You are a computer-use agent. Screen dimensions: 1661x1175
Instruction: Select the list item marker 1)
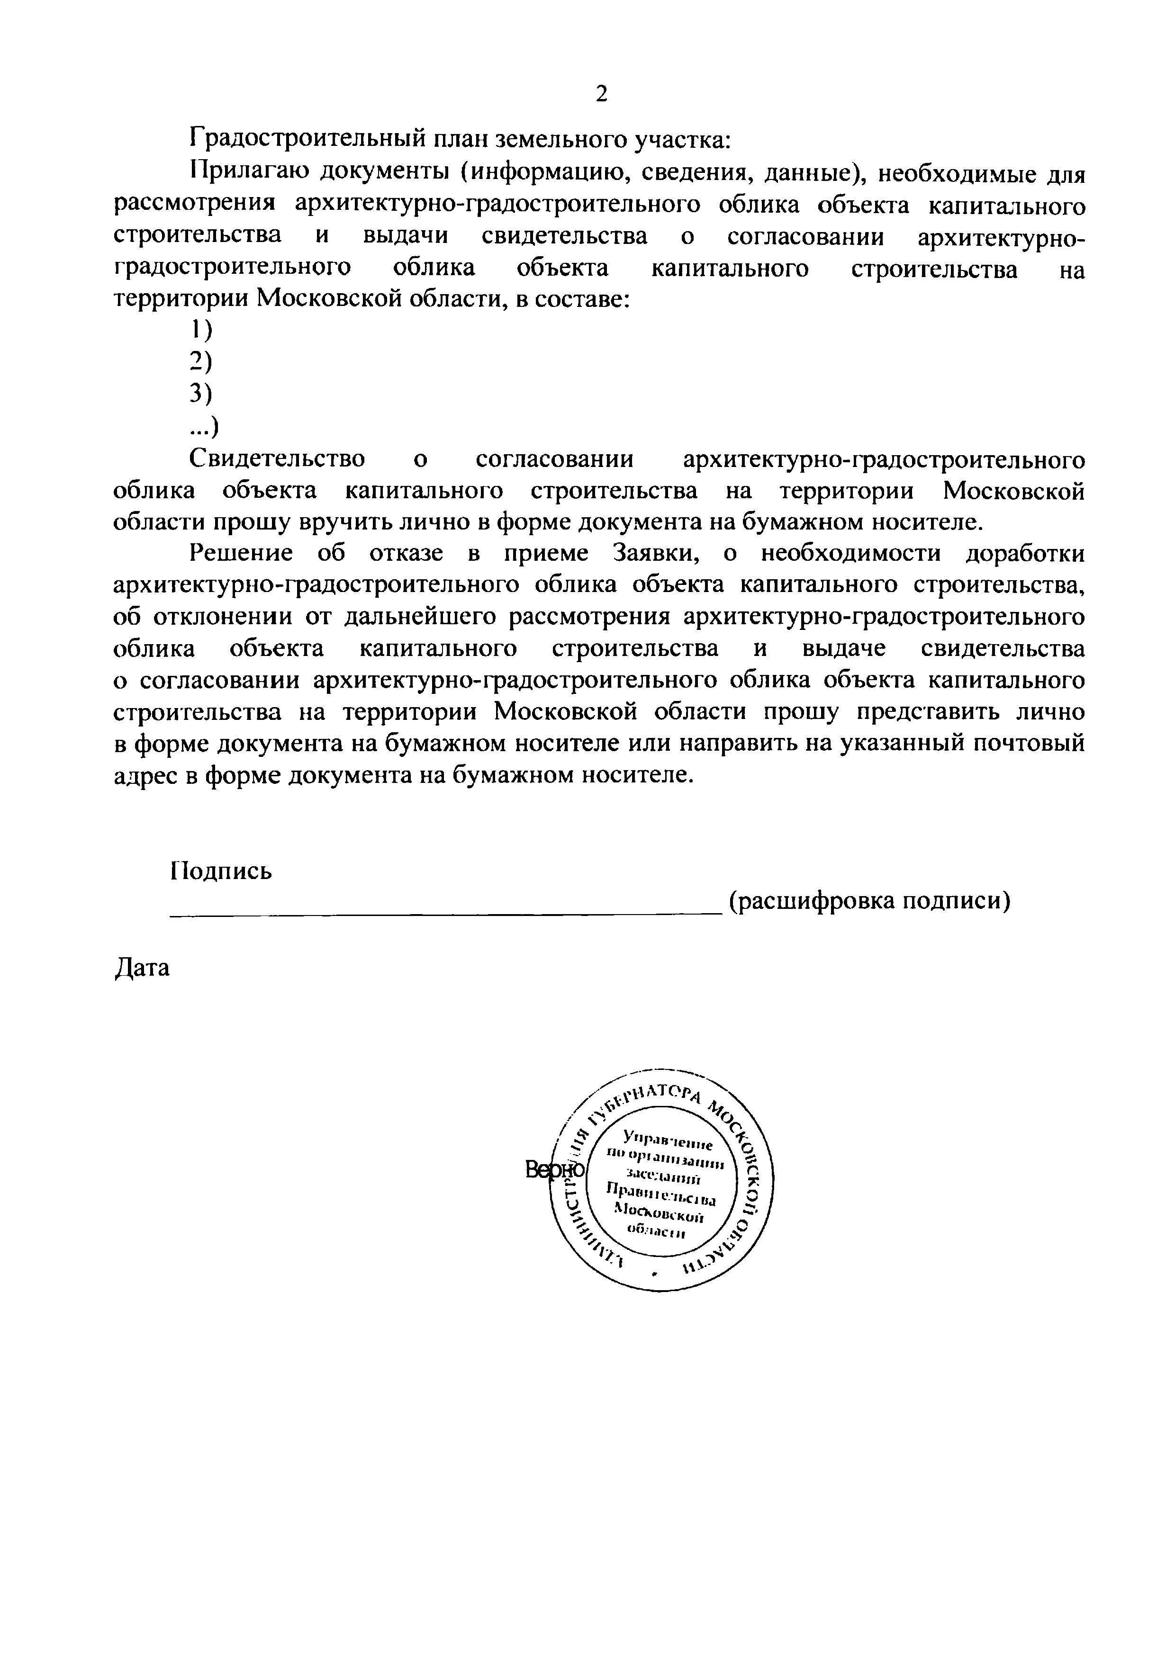[x=201, y=331]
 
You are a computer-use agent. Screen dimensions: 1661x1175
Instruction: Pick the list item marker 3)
[x=201, y=394]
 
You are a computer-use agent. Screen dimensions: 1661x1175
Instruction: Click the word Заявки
[x=656, y=553]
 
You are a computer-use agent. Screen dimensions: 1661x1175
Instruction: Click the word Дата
[x=143, y=968]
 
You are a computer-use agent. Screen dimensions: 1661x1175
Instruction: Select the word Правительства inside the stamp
[x=660, y=1195]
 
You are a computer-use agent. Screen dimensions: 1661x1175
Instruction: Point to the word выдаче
[x=844, y=649]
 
